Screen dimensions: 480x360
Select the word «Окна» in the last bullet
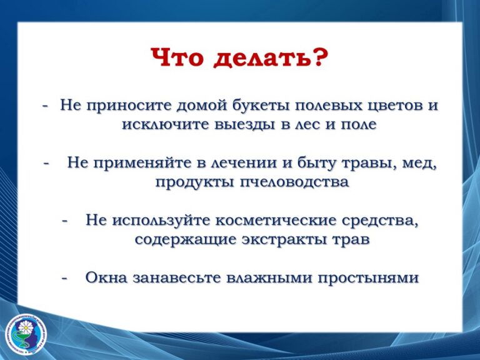click(x=106, y=278)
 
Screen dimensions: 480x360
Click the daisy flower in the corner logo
click(x=26, y=327)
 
